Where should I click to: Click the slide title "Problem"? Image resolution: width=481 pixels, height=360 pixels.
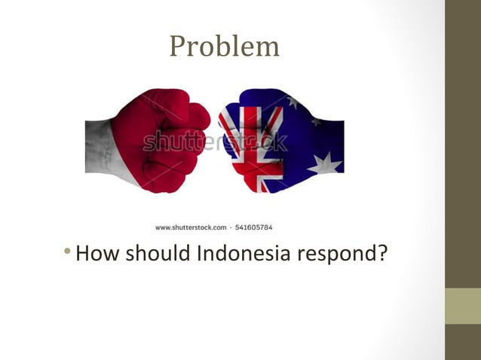[x=224, y=47]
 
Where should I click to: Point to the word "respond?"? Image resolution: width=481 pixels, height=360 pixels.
[x=342, y=255]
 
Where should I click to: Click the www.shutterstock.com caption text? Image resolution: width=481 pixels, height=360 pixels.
[x=191, y=227]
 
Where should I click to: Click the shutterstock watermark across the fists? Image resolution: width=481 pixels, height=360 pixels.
[x=215, y=141]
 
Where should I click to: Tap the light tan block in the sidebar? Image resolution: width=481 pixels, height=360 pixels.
[x=462, y=306]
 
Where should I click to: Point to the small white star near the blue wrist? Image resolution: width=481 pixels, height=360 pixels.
[x=316, y=121]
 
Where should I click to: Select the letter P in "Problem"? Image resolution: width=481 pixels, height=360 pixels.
[x=178, y=47]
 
